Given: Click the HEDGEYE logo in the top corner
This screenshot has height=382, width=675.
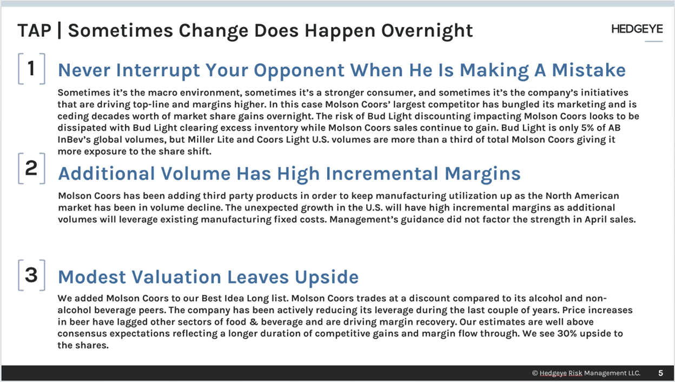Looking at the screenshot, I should [637, 30].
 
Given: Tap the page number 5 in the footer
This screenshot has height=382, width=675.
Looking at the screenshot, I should [660, 373].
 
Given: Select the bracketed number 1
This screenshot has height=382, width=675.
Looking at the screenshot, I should [31, 69].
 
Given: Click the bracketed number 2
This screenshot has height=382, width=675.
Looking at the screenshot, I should [31, 168].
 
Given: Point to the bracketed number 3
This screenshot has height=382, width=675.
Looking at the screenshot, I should [31, 275].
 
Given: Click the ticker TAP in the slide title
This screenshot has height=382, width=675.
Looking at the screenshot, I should [34, 31].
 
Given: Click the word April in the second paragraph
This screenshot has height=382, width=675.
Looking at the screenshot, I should [577, 220].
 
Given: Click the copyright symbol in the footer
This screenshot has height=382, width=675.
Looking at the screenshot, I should [534, 373].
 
